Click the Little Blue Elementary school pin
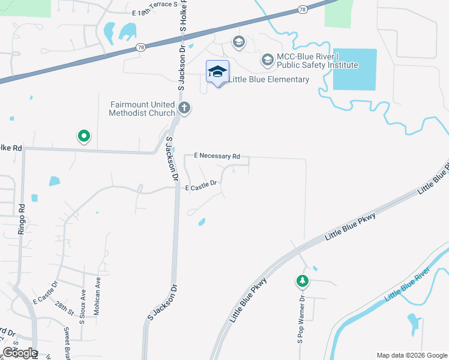(x=217, y=73)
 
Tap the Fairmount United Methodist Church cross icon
(x=184, y=109)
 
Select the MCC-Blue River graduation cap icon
(x=267, y=60)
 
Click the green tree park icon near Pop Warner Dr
(x=303, y=281)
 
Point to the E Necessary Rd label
(x=217, y=156)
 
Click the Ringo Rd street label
(x=22, y=215)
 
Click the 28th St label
(x=62, y=308)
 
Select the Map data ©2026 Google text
(x=412, y=355)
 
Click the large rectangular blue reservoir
(x=354, y=70)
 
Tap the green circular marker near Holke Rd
(x=84, y=137)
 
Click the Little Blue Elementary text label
(x=268, y=79)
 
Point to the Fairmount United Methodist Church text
(x=142, y=108)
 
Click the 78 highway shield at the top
(x=302, y=10)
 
